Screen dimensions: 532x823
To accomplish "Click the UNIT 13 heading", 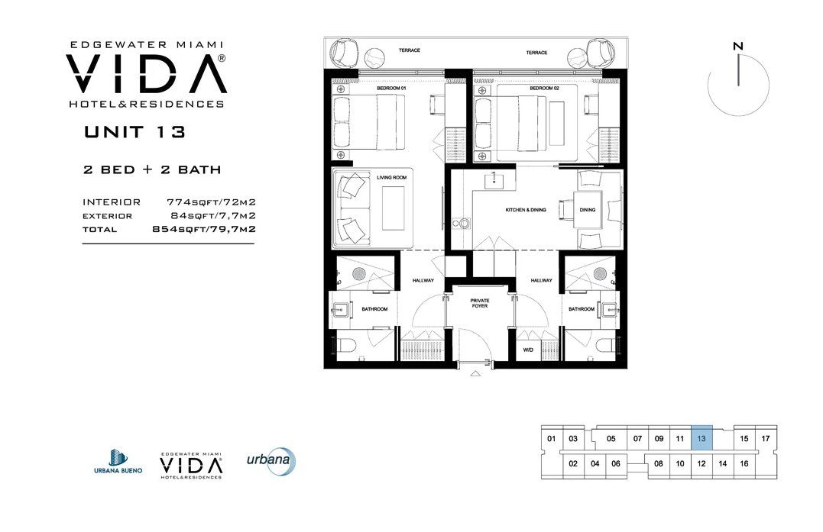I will click(134, 132).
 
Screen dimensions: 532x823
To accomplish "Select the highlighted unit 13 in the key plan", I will click(701, 439).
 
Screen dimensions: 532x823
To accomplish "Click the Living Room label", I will click(388, 178).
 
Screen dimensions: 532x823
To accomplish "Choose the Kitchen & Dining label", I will click(526, 210).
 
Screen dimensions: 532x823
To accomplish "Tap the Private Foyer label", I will click(479, 304).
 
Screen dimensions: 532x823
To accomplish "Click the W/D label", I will click(527, 350).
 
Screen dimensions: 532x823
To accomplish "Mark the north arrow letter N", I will click(737, 47).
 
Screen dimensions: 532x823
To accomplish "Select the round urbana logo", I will click(271, 461).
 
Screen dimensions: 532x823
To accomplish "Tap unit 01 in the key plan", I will click(551, 440).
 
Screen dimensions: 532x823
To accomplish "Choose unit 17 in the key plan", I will click(765, 440).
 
